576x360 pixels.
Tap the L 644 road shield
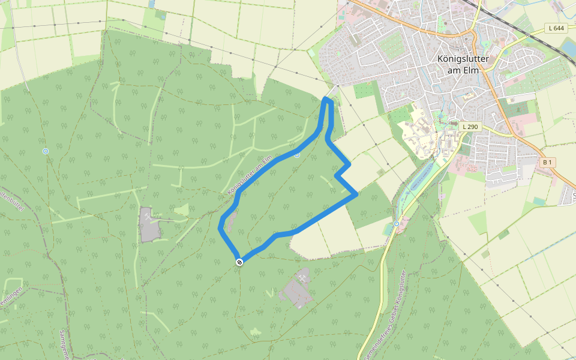pos(556,28)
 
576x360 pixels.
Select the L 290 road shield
pos(471,127)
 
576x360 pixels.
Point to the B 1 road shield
pos(547,163)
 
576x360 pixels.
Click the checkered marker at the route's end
pos(239,262)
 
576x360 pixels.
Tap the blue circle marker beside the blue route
pos(297,155)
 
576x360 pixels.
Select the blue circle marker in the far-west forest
pos(46,151)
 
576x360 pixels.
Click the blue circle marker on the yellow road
pos(397,224)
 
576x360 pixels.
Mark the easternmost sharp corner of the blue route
pos(357,194)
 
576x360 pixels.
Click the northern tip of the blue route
pos(328,99)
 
